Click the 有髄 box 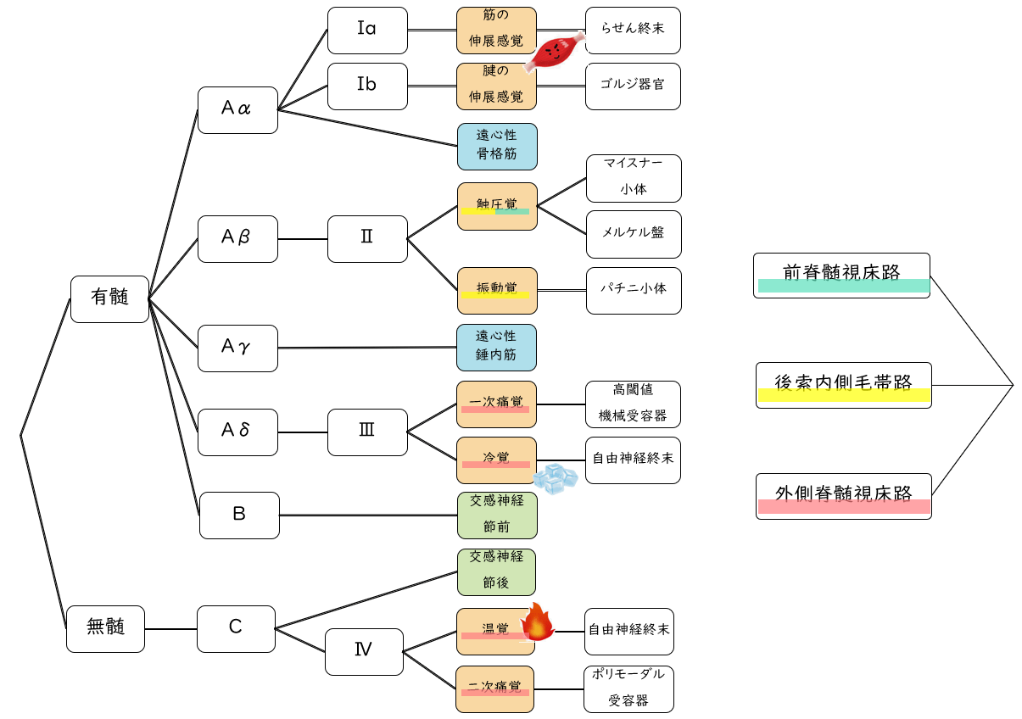[x=109, y=298]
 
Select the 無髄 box [x=105, y=628]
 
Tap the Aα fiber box [x=237, y=109]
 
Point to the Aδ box [x=237, y=432]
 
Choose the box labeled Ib [x=367, y=86]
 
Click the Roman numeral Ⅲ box [x=367, y=432]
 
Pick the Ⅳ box [x=364, y=651]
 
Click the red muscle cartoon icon [x=554, y=53]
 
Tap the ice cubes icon [x=556, y=479]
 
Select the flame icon [x=537, y=622]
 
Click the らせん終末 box [x=633, y=31]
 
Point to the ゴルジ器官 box [x=633, y=86]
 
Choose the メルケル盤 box [x=634, y=234]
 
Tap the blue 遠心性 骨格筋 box [x=497, y=147]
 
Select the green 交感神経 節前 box [x=497, y=515]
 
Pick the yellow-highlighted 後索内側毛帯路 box [x=843, y=385]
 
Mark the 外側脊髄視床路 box [x=843, y=496]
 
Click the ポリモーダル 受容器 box [x=628, y=688]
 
